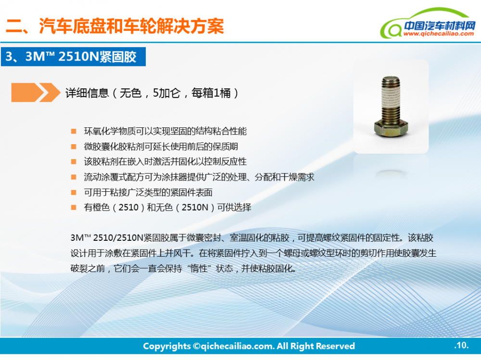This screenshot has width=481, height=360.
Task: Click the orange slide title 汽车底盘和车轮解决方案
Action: tap(132, 26)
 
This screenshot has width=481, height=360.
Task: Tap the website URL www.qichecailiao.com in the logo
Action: tap(439, 34)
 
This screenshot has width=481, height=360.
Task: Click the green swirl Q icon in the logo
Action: tap(392, 29)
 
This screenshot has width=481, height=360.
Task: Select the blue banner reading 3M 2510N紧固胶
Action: tap(73, 57)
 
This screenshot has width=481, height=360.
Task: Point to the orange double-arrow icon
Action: tap(36, 92)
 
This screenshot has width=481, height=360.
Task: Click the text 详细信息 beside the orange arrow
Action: tap(87, 93)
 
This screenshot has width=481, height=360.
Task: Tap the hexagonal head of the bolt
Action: tap(391, 128)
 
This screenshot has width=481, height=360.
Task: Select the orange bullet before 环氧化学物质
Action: tap(74, 131)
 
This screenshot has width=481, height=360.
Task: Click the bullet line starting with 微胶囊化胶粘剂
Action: tap(161, 147)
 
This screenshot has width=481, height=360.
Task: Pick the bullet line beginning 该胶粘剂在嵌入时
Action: tap(165, 161)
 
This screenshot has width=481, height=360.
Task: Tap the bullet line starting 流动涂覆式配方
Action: tap(200, 177)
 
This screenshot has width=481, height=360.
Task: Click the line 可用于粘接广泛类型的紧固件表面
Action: tap(148, 192)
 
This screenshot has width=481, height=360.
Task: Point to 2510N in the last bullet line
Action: tap(195, 208)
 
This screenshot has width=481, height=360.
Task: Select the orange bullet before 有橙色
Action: tap(74, 208)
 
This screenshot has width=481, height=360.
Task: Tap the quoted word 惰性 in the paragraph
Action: tap(199, 269)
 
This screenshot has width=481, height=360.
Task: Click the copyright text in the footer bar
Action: tap(249, 346)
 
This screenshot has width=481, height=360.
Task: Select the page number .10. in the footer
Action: tap(461, 346)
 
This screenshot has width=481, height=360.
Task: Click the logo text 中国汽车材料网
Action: tap(440, 25)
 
